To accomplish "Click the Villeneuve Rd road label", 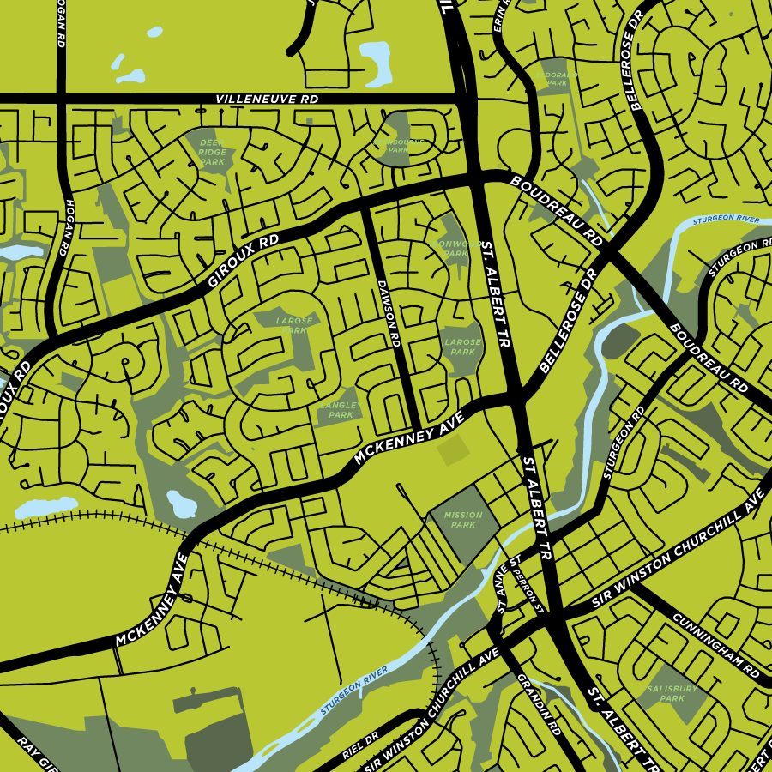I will pyautogui.click(x=267, y=100).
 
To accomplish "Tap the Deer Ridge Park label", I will pyautogui.click(x=212, y=151).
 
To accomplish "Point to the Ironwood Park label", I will pyautogui.click(x=450, y=248).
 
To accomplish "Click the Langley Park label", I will pyautogui.click(x=341, y=409).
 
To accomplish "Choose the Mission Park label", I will pyautogui.click(x=463, y=520).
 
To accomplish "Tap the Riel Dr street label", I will pyautogui.click(x=359, y=746).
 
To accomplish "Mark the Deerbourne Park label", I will pyautogui.click(x=400, y=144).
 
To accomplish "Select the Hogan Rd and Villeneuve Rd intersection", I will pyautogui.click(x=62, y=98).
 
